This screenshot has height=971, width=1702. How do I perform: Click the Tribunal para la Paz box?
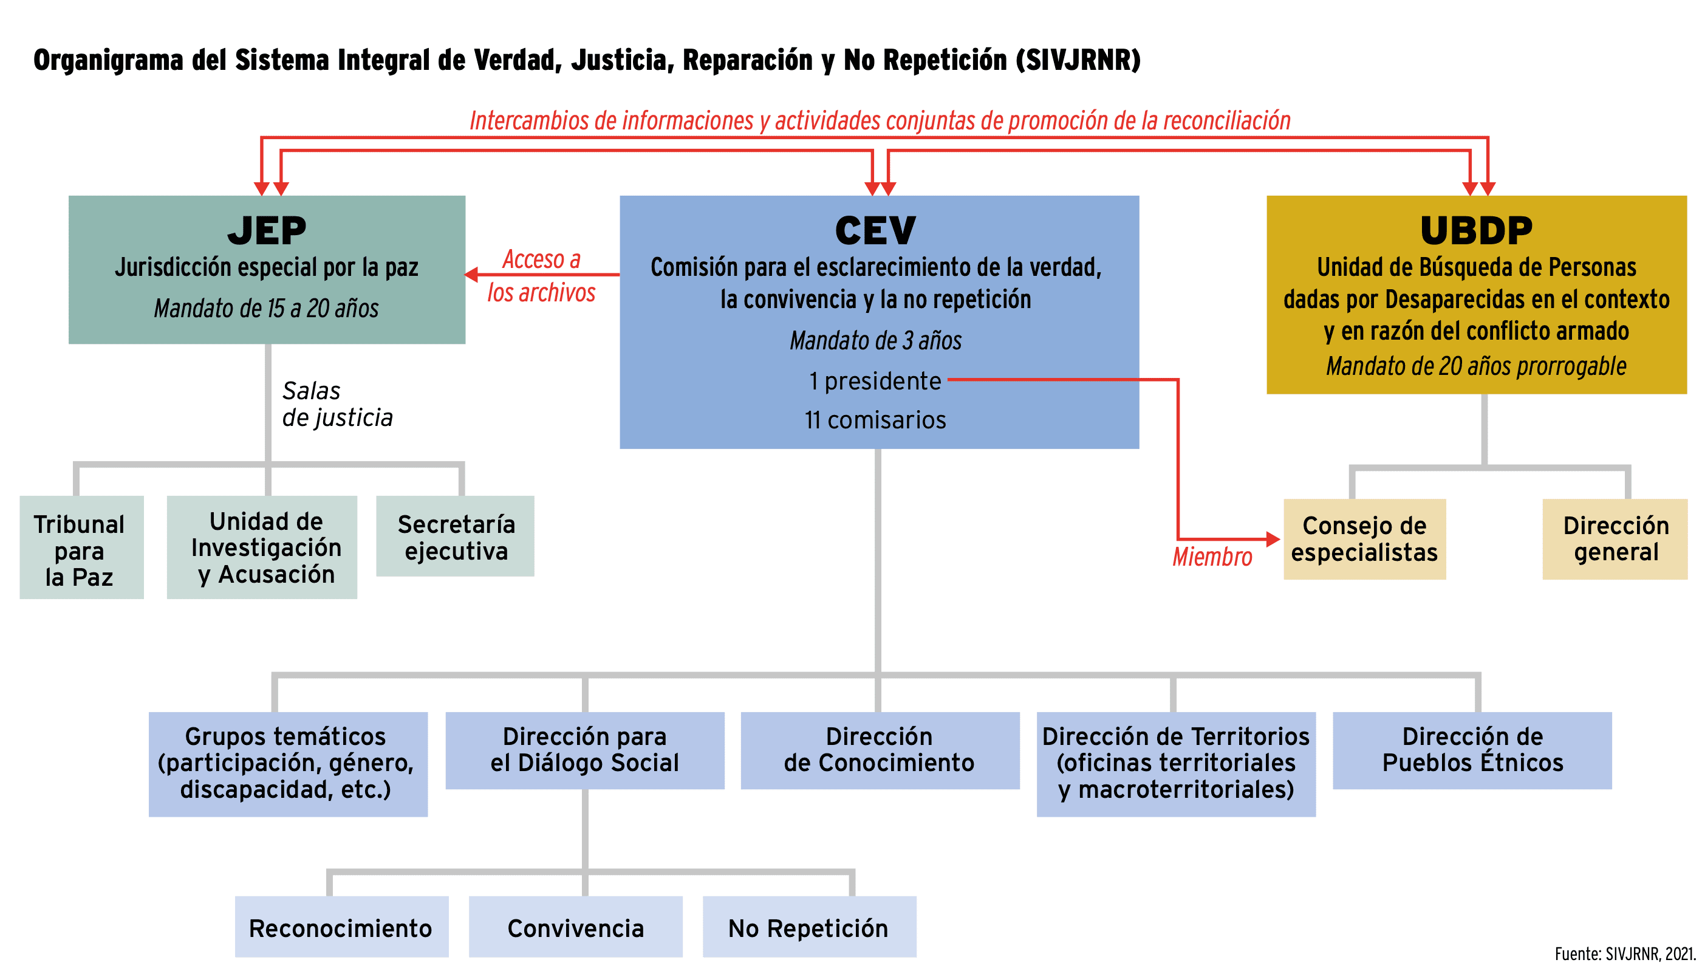coord(81,547)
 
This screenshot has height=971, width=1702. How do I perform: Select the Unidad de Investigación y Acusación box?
coord(261,547)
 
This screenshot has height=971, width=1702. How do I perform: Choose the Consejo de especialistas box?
coord(1364,539)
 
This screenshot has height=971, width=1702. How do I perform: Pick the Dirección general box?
coord(1615,539)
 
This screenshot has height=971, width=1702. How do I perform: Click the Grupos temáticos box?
coord(288,764)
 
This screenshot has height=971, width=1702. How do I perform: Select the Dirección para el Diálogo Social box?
coord(585,750)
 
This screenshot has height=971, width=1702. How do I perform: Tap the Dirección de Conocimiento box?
coord(880,750)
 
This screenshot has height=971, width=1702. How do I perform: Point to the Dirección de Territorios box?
coord(1175,764)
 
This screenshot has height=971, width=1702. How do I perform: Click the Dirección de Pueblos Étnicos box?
coord(1472,750)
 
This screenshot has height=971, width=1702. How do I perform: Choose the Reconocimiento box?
coord(341,927)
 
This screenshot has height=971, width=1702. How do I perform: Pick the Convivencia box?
coord(575,927)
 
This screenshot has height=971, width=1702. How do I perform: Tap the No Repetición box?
coord(808,927)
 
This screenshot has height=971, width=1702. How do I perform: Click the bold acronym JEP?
coord(267,231)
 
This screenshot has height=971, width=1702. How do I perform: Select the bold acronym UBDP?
coord(1476,231)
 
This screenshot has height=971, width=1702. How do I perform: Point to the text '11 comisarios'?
coord(875,420)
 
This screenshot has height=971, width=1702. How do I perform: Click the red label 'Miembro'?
coord(1212,557)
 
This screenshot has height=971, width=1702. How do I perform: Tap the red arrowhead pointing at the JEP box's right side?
coord(471,274)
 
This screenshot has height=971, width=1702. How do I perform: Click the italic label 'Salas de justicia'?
coord(337,404)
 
